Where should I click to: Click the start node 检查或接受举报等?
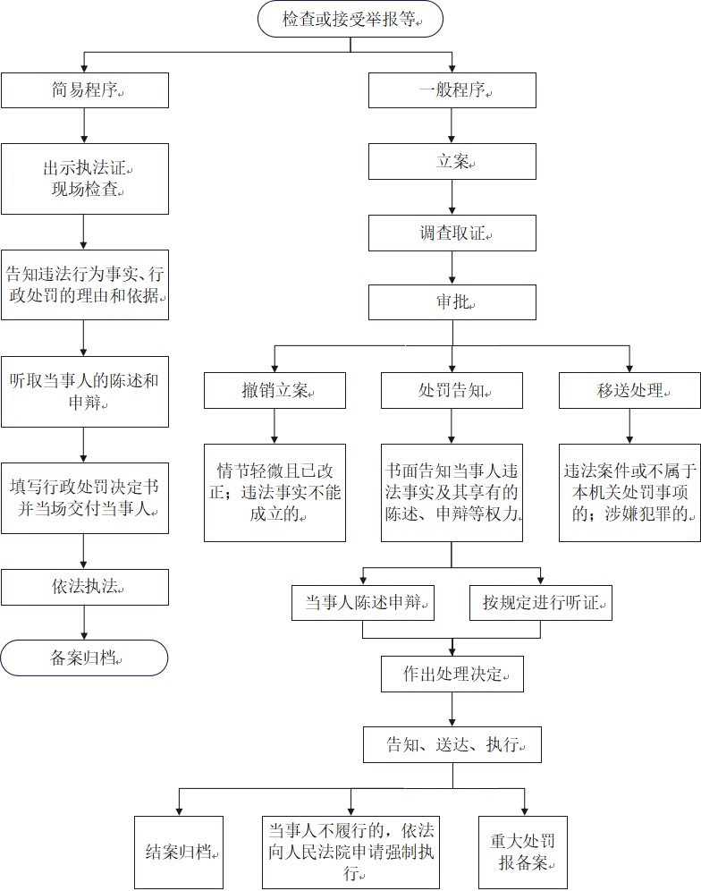pyautogui.click(x=350, y=19)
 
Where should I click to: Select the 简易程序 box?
pyautogui.click(x=84, y=90)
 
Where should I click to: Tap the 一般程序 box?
pyautogui.click(x=452, y=90)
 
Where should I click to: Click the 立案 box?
pyautogui.click(x=452, y=162)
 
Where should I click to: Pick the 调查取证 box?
pyautogui.click(x=452, y=233)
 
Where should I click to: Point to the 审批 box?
pyautogui.click(x=452, y=302)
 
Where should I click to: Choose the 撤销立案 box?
pyautogui.click(x=274, y=390)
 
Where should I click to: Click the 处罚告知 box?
pyautogui.click(x=452, y=390)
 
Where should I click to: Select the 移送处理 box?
pyautogui.click(x=629, y=390)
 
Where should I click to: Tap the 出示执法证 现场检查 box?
pyautogui.click(x=84, y=179)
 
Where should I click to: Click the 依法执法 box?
pyautogui.click(x=84, y=587)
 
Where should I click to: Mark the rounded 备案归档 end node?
pyautogui.click(x=84, y=658)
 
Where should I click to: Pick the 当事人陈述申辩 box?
pyautogui.click(x=363, y=602)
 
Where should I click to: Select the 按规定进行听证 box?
pyautogui.click(x=540, y=602)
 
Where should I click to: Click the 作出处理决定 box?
pyautogui.click(x=452, y=675)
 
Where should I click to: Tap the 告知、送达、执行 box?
pyautogui.click(x=452, y=744)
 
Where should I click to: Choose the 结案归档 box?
pyautogui.click(x=178, y=852)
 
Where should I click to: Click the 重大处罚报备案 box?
pyautogui.click(x=522, y=852)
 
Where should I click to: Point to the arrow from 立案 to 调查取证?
pyautogui.click(x=452, y=198)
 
